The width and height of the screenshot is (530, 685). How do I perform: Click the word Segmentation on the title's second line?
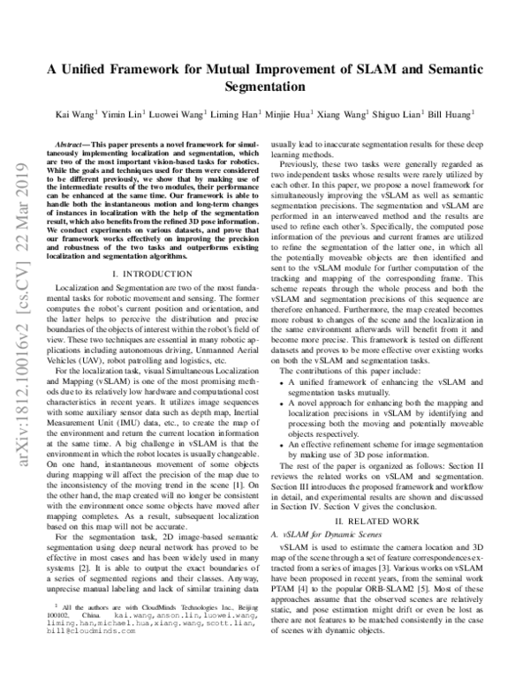265,87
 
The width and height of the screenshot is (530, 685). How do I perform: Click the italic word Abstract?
74,141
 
